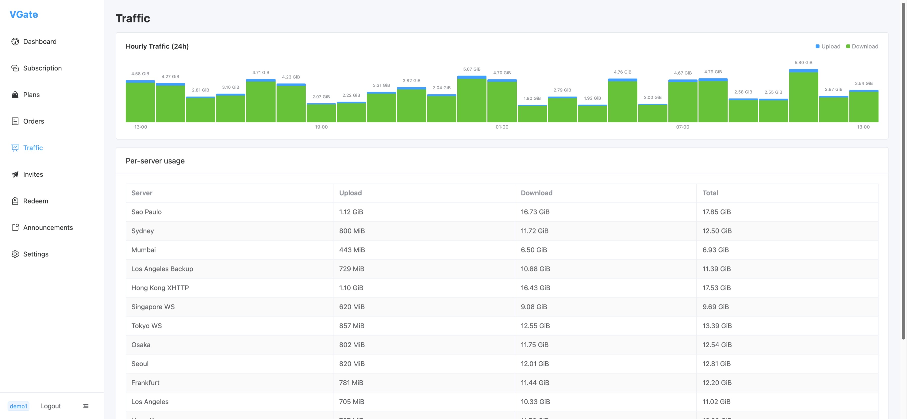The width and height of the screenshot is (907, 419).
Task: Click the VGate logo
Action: coord(24,14)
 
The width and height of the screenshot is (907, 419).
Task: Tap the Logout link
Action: coord(50,406)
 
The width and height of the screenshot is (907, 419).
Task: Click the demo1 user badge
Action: coord(18,406)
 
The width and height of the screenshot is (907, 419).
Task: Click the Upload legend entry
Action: coord(828,46)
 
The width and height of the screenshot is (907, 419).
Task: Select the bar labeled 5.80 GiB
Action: coord(803,96)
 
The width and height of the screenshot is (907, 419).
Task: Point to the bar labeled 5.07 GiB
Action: coord(472,99)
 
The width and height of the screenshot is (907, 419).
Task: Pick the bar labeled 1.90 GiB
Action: coord(532,113)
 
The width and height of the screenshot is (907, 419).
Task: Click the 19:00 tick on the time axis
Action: coord(321,127)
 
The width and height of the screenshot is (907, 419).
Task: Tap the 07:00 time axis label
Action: coord(682,127)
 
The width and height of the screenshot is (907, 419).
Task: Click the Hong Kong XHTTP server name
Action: coord(160,288)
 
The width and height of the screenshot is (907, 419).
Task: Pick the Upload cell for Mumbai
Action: coord(352,250)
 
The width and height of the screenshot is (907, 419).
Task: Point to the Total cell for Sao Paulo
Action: coord(716,212)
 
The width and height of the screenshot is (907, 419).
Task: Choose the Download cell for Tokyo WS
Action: coord(535,326)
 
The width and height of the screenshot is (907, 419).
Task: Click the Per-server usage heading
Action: coord(155,160)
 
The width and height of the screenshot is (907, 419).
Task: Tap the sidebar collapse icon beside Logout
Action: coord(85,406)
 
